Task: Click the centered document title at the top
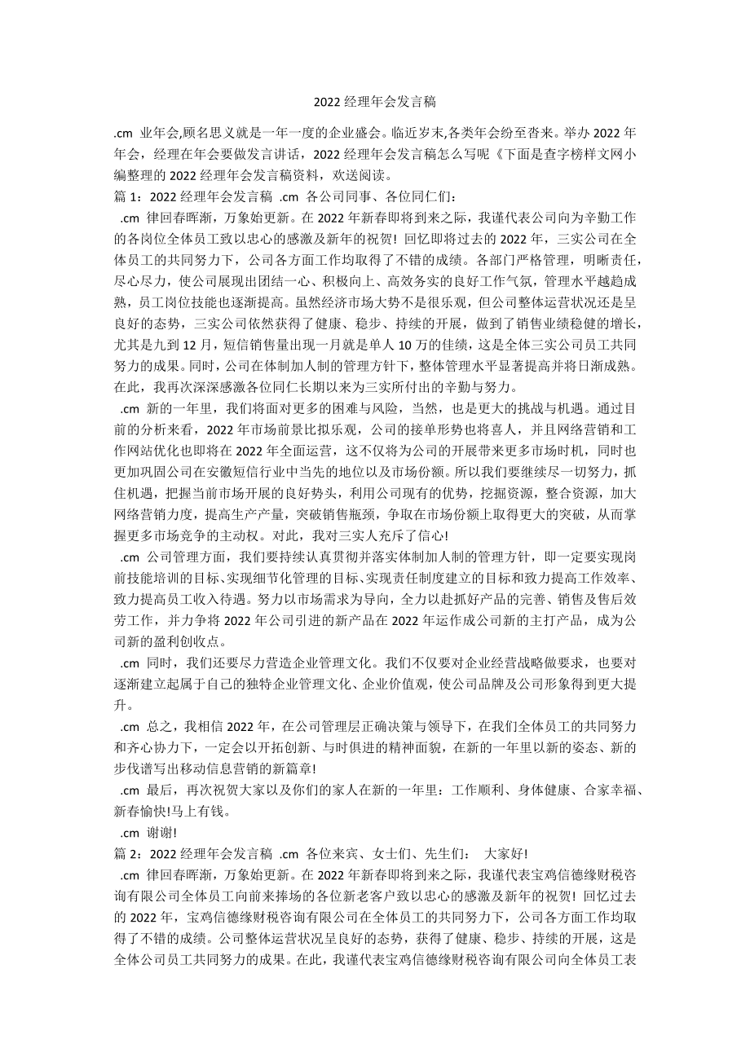[374, 102]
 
